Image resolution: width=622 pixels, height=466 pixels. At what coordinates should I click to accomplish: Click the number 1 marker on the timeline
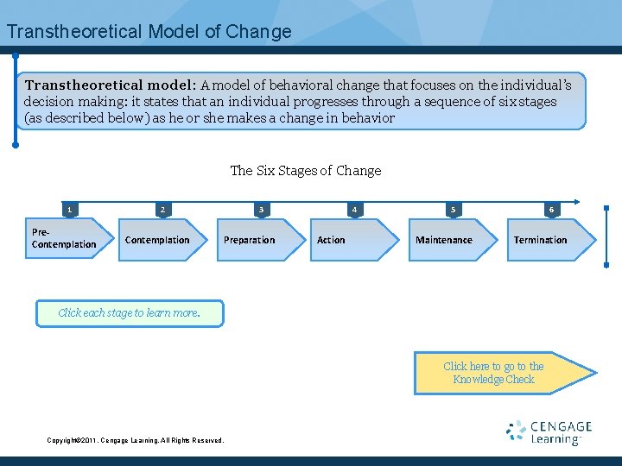pos(70,209)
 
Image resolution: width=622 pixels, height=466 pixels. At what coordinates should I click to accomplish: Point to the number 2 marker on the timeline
pos(162,209)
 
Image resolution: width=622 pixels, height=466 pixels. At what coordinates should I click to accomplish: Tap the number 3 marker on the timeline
pos(261,209)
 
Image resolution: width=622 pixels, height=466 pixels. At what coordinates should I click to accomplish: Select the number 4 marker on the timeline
pos(353,209)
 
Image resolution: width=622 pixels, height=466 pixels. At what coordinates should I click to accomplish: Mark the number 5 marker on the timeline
pos(453,209)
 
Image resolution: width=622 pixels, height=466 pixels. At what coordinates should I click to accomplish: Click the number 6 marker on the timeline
pos(551,209)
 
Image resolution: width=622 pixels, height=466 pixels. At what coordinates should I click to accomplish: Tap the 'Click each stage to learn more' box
pos(130,313)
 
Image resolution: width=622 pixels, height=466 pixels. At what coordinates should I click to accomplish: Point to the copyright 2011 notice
pos(135,440)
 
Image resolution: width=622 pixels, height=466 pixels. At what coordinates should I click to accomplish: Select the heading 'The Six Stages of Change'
pos(306,171)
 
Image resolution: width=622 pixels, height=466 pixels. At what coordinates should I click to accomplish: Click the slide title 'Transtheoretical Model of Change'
pos(149,32)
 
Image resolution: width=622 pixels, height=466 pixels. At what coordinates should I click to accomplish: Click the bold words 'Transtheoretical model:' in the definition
pos(111,85)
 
